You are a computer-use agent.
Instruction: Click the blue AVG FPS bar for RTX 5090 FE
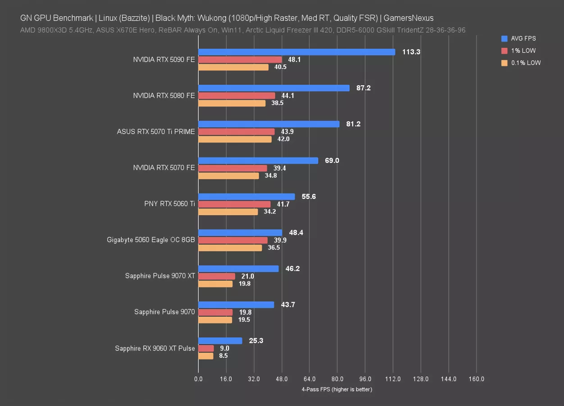[296, 52]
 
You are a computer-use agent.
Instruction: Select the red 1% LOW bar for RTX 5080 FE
[237, 96]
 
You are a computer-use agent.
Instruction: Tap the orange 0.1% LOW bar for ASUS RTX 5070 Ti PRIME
[235, 139]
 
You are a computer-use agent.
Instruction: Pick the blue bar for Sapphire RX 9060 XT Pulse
[220, 341]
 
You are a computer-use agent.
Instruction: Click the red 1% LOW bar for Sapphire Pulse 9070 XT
[217, 276]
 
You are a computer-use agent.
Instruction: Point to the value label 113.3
[411, 52]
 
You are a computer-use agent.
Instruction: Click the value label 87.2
[363, 88]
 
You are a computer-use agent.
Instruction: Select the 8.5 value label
[223, 355]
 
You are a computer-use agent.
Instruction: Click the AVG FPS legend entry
[523, 38]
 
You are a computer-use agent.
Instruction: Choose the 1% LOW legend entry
[523, 51]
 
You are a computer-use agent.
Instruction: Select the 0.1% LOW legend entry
[525, 63]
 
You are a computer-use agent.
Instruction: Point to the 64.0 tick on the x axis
[309, 379]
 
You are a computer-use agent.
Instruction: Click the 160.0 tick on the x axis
[476, 379]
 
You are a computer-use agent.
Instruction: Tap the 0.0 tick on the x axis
[198, 379]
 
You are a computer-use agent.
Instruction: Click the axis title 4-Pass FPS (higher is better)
[337, 389]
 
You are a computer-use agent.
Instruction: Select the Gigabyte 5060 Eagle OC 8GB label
[151, 240]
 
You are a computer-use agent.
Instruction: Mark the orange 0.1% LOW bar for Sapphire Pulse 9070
[215, 319]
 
